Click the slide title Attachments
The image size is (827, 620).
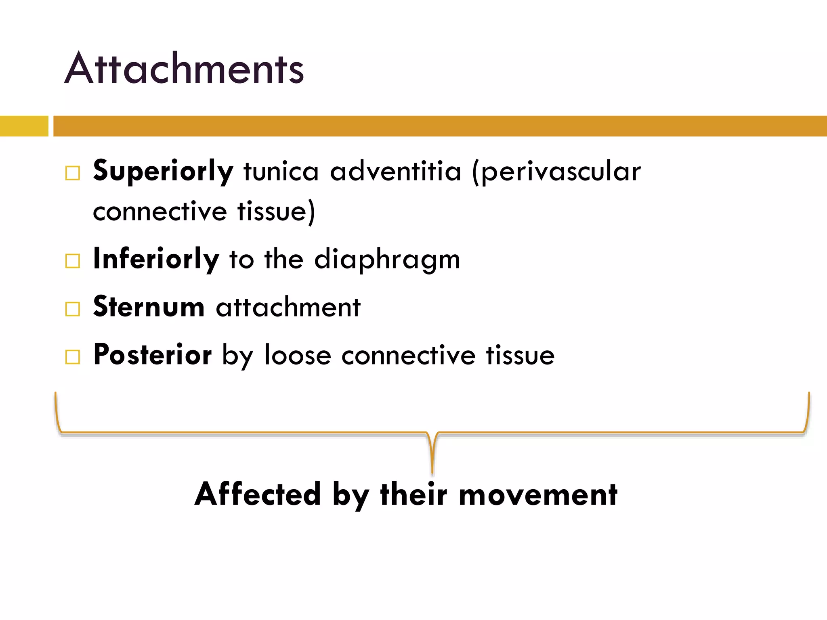tap(184, 69)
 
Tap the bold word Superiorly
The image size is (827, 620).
tap(163, 171)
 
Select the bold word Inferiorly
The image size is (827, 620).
tap(156, 259)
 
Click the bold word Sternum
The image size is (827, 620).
tap(149, 307)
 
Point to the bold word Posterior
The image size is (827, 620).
tap(152, 355)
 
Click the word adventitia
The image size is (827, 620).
tap(395, 171)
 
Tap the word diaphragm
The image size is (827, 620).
tap(387, 260)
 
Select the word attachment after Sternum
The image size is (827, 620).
tap(288, 307)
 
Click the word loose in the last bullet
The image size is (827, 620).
tap(298, 355)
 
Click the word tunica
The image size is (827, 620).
tap(281, 171)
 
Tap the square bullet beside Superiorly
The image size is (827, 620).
tap(73, 173)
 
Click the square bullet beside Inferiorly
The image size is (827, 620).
tap(73, 261)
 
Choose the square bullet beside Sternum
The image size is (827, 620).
tap(73, 309)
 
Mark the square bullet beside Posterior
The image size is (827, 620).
tap(73, 357)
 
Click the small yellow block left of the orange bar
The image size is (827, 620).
tap(24, 126)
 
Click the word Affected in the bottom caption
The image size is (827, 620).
tap(258, 494)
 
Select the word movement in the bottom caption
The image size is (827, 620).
tap(538, 494)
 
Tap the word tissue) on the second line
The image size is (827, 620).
tap(276, 212)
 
